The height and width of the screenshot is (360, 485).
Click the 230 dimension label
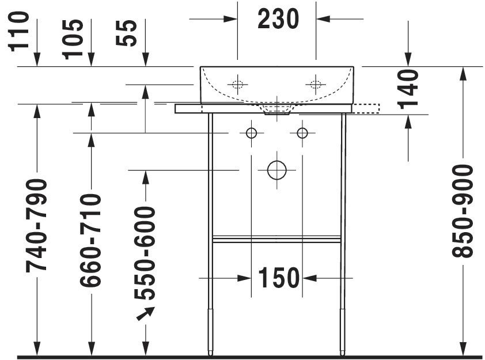pyautogui.click(x=278, y=20)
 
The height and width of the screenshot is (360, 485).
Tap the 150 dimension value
pyautogui.click(x=279, y=278)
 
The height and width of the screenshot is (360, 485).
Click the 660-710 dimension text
pyautogui.click(x=90, y=240)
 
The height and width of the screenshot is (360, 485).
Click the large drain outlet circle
pyautogui.click(x=276, y=170)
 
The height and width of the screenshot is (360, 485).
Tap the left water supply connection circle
pyautogui.click(x=251, y=133)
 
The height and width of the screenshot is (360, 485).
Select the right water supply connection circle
pyautogui.click(x=302, y=133)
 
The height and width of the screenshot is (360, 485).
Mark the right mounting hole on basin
pyautogui.click(x=316, y=85)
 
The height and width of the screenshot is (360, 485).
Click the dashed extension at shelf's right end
pyautogui.click(x=366, y=108)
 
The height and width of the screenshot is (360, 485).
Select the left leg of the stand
pyautogui.click(x=210, y=230)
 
